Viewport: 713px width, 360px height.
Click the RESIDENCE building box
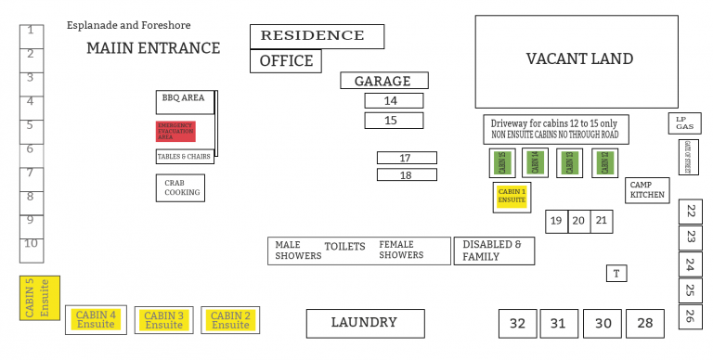pyautogui.click(x=317, y=36)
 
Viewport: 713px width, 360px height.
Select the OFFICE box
pyautogui.click(x=286, y=61)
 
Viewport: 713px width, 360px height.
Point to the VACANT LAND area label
pyautogui.click(x=579, y=59)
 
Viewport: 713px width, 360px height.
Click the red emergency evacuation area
pyautogui.click(x=175, y=131)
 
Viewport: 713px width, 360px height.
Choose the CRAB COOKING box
pyautogui.click(x=179, y=188)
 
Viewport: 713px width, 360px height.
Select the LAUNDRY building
pyautogui.click(x=365, y=323)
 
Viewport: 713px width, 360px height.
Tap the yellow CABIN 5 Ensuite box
pyautogui.click(x=40, y=298)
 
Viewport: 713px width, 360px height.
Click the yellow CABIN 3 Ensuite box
pyautogui.click(x=164, y=320)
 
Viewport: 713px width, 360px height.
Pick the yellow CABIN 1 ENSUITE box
pyautogui.click(x=512, y=195)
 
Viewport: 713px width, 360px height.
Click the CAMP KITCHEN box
pyautogui.click(x=647, y=190)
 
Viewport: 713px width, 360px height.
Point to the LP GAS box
pyautogui.click(x=684, y=122)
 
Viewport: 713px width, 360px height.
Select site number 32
pyautogui.click(x=517, y=324)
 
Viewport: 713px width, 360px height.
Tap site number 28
pyautogui.click(x=645, y=324)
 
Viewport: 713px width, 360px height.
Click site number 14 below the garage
pyautogui.click(x=394, y=100)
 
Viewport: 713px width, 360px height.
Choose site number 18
pyautogui.click(x=406, y=174)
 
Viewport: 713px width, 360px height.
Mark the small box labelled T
pyautogui.click(x=616, y=273)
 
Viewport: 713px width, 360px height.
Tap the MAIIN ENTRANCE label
pyautogui.click(x=153, y=48)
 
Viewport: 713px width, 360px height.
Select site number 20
pyautogui.click(x=578, y=221)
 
